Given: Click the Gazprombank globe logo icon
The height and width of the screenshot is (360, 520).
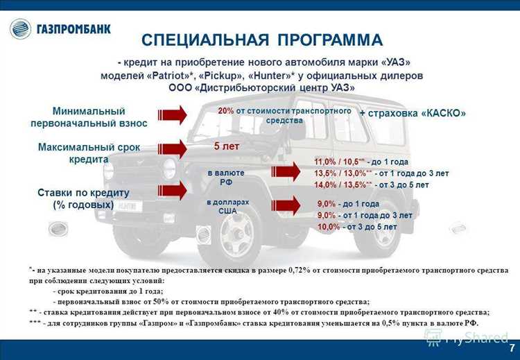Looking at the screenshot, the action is tap(21, 29).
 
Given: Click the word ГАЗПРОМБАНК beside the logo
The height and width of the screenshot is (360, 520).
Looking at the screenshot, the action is tap(73, 29).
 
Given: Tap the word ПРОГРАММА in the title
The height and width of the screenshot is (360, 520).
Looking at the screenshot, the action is tap(330, 40).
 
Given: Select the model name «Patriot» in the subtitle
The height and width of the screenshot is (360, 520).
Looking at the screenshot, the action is tap(171, 76).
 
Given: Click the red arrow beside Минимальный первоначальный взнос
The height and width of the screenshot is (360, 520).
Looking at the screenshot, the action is tap(172, 115).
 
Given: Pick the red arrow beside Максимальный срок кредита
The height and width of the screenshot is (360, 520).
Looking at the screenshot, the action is tap(172, 148).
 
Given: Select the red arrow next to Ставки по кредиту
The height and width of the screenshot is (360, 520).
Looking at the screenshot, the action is tap(172, 191).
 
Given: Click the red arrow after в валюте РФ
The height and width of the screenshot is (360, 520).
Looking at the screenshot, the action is tap(286, 171).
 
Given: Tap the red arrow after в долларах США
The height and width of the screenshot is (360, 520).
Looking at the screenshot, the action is tap(286, 205).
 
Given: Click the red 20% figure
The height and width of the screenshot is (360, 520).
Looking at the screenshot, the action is tap(226, 111).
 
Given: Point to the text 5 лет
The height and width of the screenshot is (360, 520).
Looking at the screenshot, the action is tap(227, 146).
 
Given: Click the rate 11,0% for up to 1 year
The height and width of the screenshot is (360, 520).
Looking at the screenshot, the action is tap(325, 162).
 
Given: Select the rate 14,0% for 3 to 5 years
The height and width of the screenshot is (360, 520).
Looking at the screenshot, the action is tap(325, 185).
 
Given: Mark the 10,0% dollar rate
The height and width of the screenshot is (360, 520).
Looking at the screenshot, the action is tap(329, 227).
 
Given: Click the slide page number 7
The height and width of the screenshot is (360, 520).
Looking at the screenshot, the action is tap(512, 349).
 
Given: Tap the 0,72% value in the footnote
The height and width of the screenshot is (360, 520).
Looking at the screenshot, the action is tap(300, 270).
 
